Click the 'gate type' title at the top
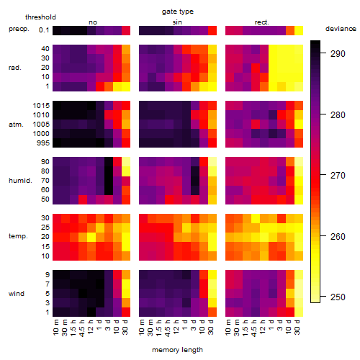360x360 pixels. (178, 12)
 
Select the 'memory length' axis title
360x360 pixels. (177, 350)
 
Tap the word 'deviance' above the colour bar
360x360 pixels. (341, 29)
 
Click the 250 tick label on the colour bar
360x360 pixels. (338, 297)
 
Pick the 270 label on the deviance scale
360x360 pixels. (338, 176)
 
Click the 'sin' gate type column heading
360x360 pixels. (177, 22)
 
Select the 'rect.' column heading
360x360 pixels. (261, 22)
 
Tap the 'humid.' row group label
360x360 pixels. (20, 181)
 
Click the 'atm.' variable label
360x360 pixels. (16, 125)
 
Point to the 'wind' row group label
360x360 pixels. (17, 294)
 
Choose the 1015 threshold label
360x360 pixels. (41, 106)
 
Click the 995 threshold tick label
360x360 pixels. (43, 143)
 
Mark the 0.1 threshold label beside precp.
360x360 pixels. (44, 30)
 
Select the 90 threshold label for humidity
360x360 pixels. (45, 162)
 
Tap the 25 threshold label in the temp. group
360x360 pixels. (45, 228)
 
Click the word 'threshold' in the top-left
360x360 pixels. (40, 17)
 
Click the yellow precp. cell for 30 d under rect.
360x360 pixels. (299, 31)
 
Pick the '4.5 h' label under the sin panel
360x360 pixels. (168, 328)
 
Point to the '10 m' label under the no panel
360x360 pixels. (55, 327)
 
